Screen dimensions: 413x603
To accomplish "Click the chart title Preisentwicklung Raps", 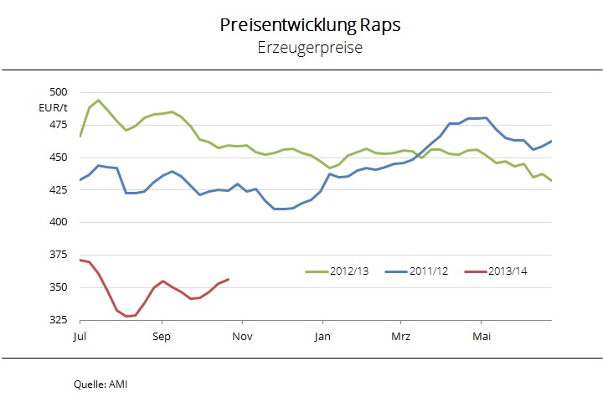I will coord(309,25).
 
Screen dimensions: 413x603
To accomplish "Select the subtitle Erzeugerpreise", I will coord(309,49).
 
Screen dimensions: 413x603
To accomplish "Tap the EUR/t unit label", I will coord(52,108).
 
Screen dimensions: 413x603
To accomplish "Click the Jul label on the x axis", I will coord(80,337).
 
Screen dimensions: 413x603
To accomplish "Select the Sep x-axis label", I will coord(161,337).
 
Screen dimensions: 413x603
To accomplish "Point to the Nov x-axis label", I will coord(242,337).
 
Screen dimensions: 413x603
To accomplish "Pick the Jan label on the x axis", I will coord(322,337).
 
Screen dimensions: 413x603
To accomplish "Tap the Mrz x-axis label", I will coord(401,337).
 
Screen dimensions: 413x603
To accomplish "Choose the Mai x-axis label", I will coord(482,337).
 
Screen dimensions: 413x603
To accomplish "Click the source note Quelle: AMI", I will coord(101,385).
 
